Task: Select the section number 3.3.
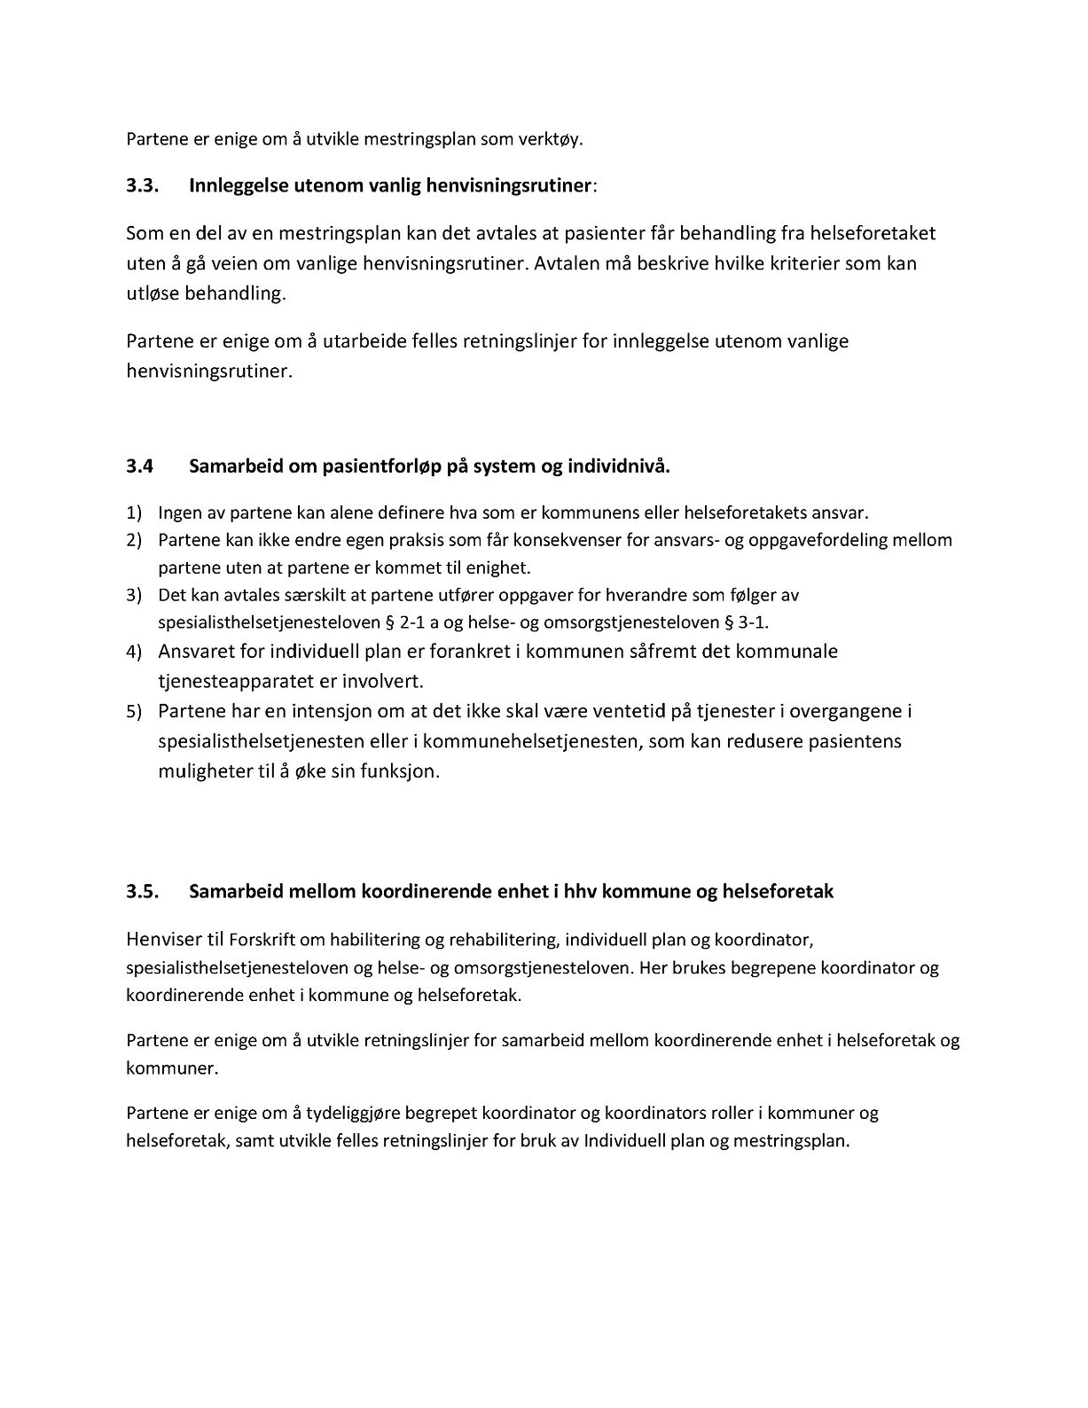pos(141,185)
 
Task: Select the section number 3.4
pos(139,466)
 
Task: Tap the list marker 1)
pos(133,513)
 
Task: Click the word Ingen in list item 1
pos(178,513)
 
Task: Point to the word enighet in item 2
pos(499,567)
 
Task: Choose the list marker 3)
pos(133,595)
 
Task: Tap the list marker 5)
pos(133,712)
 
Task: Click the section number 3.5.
pos(141,892)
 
